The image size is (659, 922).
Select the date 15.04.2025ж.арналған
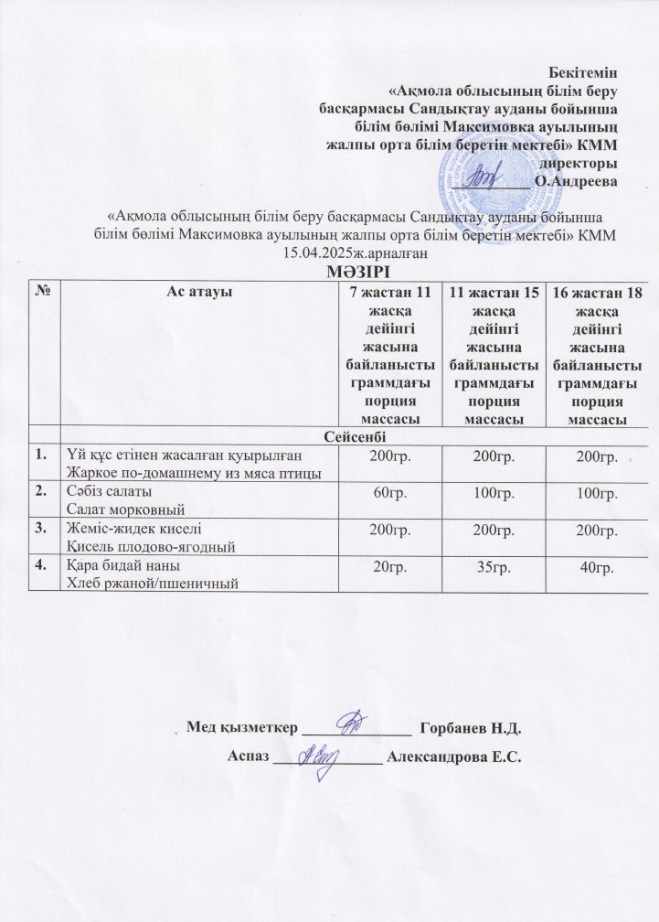pos(356,251)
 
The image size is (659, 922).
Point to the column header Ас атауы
pos(197,292)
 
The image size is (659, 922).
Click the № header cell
pos(41,292)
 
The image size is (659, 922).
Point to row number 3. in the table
pos(41,529)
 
